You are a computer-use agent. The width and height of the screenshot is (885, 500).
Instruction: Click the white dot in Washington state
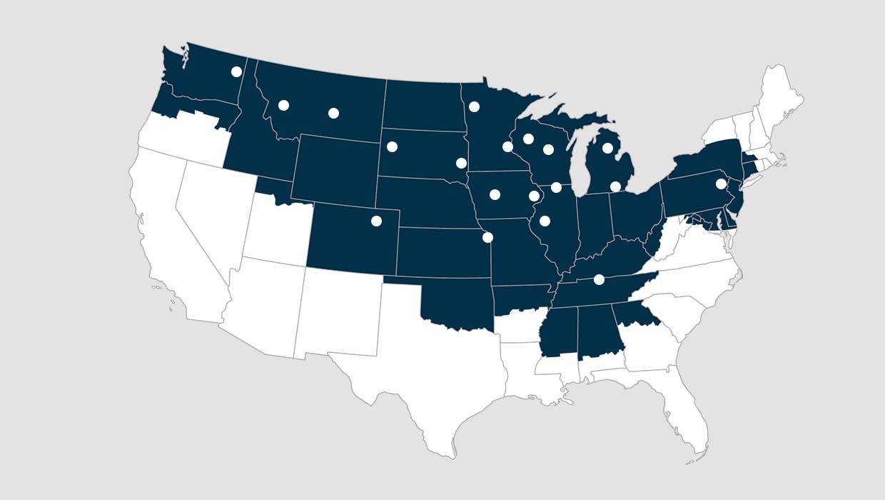point(236,71)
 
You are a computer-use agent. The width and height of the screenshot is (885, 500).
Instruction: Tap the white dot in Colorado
point(376,221)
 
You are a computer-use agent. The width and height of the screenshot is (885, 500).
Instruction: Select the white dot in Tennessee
point(599,279)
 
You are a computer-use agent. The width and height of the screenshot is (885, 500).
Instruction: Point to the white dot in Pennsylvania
point(721,184)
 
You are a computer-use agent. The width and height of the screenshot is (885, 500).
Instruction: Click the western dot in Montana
point(283,105)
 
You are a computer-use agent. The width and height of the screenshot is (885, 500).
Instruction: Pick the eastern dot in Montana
point(333,113)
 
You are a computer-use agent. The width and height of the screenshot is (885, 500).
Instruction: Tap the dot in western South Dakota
point(392,147)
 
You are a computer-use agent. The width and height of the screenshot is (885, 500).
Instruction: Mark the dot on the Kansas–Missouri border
point(487,237)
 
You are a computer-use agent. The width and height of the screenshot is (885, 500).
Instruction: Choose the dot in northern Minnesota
point(474,107)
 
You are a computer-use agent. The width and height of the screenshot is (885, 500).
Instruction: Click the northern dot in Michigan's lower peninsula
point(607,149)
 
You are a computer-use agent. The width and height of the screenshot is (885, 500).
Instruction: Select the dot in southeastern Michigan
point(615,186)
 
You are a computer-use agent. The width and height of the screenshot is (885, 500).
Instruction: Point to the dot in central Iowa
point(495,194)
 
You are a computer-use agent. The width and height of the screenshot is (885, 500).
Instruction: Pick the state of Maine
point(782,100)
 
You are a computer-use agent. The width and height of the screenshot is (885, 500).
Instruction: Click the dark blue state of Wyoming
point(335,168)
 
